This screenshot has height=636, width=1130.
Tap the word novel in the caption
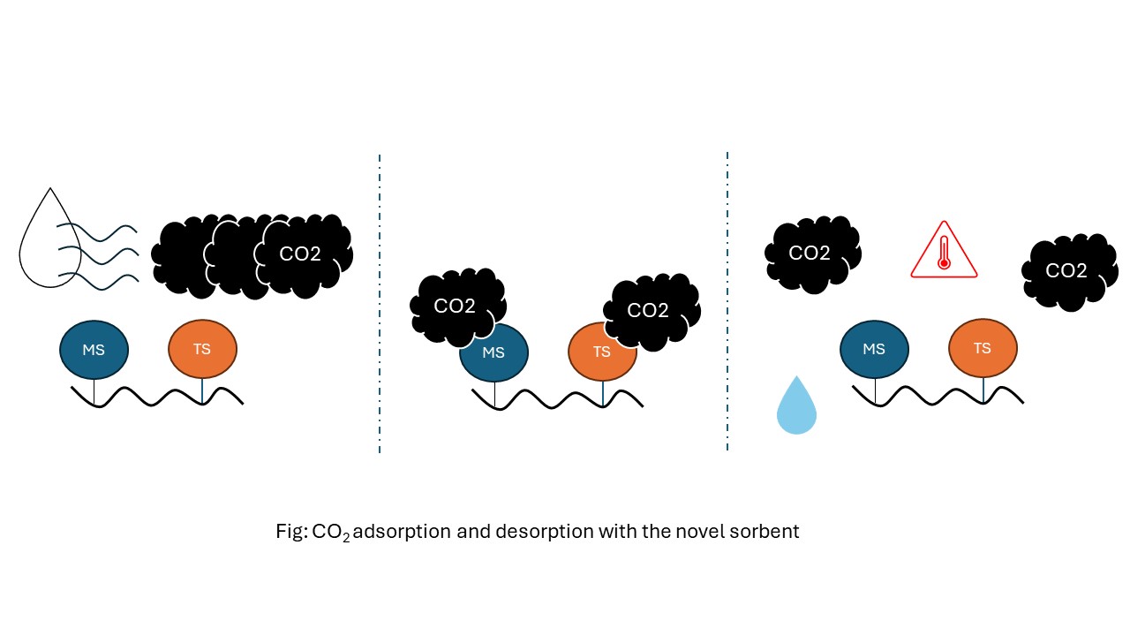700,532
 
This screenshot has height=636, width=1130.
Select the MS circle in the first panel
94,349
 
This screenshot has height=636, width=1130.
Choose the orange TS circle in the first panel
202,349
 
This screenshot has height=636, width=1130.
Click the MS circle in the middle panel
493,352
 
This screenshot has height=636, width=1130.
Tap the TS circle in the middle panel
602,352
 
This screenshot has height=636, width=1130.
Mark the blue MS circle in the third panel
874,349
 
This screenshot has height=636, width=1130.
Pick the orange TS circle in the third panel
983,349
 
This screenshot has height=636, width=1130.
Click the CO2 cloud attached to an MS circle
456,307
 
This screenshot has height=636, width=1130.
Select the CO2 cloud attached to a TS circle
651,311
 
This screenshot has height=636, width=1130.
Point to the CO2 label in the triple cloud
300,254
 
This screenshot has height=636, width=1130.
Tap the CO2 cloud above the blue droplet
810,254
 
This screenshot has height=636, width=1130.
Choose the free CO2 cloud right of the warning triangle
1067,270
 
